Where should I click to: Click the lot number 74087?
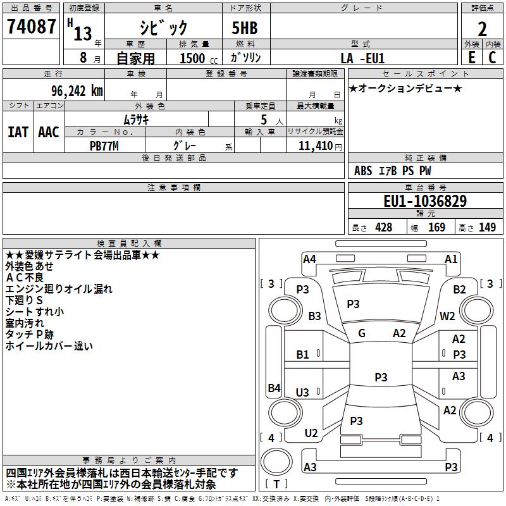coord(30,27)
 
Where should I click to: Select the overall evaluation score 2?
coord(483,28)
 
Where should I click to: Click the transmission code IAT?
coord(18,132)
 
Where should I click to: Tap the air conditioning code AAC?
coord(48,132)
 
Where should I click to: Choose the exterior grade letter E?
coord(471,57)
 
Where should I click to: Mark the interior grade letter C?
coord(492,57)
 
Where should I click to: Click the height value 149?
coord(487,228)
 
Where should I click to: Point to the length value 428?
coord(383,228)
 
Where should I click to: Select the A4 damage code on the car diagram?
coord(309,259)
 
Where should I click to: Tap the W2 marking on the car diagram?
coord(448,316)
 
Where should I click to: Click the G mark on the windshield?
coord(362,333)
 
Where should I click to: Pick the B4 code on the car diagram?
coord(274,388)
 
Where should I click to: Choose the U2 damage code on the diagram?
coord(311,433)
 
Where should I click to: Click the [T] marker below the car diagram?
coord(276,484)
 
